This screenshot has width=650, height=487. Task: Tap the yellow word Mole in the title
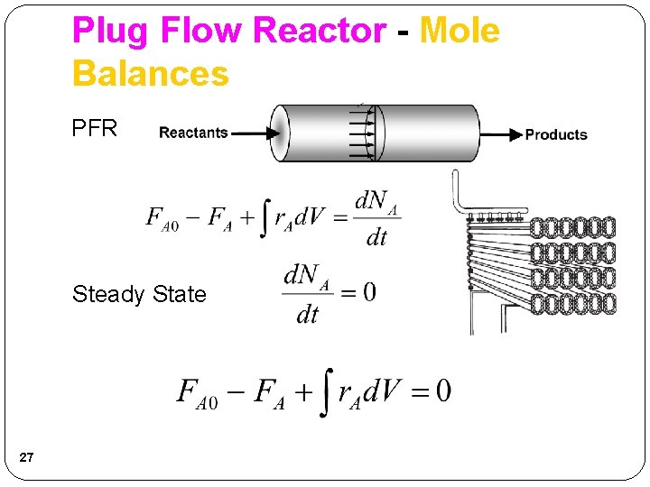coord(460,32)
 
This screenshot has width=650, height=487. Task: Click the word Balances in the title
coord(151,73)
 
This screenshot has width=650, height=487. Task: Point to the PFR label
coord(95,129)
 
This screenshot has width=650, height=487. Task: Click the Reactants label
coord(193,133)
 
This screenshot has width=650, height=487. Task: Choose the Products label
coord(556,134)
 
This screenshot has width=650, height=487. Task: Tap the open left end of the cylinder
coord(281,133)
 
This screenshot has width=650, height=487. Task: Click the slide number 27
coord(26,459)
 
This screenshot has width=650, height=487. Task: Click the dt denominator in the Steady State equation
coord(308,315)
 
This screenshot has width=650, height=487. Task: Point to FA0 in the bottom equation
coord(197,393)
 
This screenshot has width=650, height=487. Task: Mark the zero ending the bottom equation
coord(442,391)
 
